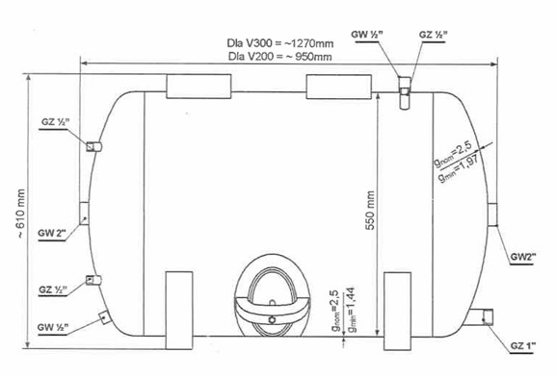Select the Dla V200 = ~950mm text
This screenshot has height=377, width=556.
279,57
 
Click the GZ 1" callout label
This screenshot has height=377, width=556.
518,346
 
